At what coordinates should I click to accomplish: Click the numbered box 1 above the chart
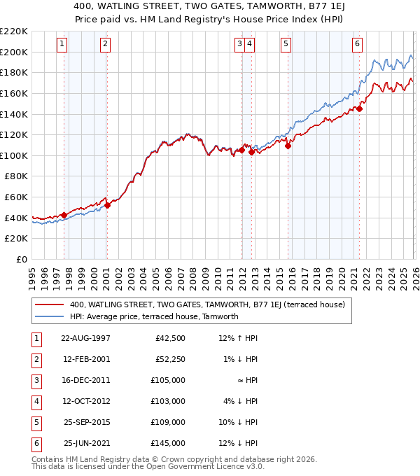(x=62, y=43)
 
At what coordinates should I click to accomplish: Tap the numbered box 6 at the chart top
(x=357, y=43)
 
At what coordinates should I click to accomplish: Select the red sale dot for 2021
(x=359, y=108)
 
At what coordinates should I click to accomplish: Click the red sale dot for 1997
(x=64, y=215)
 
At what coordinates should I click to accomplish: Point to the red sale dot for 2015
(x=288, y=146)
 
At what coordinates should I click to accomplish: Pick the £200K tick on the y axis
(x=15, y=52)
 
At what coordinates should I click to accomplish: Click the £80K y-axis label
(x=17, y=176)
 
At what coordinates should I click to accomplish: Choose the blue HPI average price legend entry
(x=154, y=316)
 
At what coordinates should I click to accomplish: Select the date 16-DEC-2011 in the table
(x=85, y=380)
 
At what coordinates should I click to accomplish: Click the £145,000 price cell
(x=168, y=443)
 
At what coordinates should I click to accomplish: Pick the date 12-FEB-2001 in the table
(x=85, y=359)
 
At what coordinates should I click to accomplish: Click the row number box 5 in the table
(x=34, y=422)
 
